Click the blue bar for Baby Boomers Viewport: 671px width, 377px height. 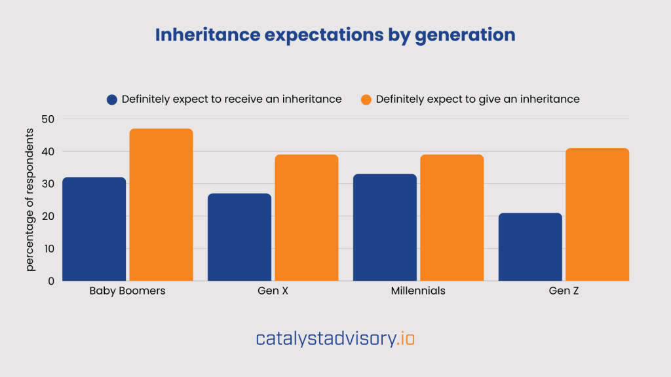click(x=94, y=229)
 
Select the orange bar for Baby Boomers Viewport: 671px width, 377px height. click(x=161, y=205)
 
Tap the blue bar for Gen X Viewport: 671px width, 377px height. click(x=239, y=237)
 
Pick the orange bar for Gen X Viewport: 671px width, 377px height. click(x=307, y=218)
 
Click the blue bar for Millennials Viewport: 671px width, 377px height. click(x=385, y=227)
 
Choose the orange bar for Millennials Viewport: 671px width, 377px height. click(x=452, y=218)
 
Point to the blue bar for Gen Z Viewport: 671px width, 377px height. click(x=530, y=247)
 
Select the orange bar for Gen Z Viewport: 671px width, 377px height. click(x=598, y=215)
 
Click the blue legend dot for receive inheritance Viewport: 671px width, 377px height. click(x=112, y=99)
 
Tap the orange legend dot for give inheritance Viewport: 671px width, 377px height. click(x=366, y=99)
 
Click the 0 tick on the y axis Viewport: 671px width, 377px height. click(x=50, y=281)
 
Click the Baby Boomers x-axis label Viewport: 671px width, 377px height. click(x=127, y=291)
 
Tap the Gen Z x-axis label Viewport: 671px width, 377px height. click(x=564, y=291)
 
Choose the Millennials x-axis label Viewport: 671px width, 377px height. click(x=418, y=291)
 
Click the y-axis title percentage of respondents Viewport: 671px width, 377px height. click(x=30, y=200)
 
